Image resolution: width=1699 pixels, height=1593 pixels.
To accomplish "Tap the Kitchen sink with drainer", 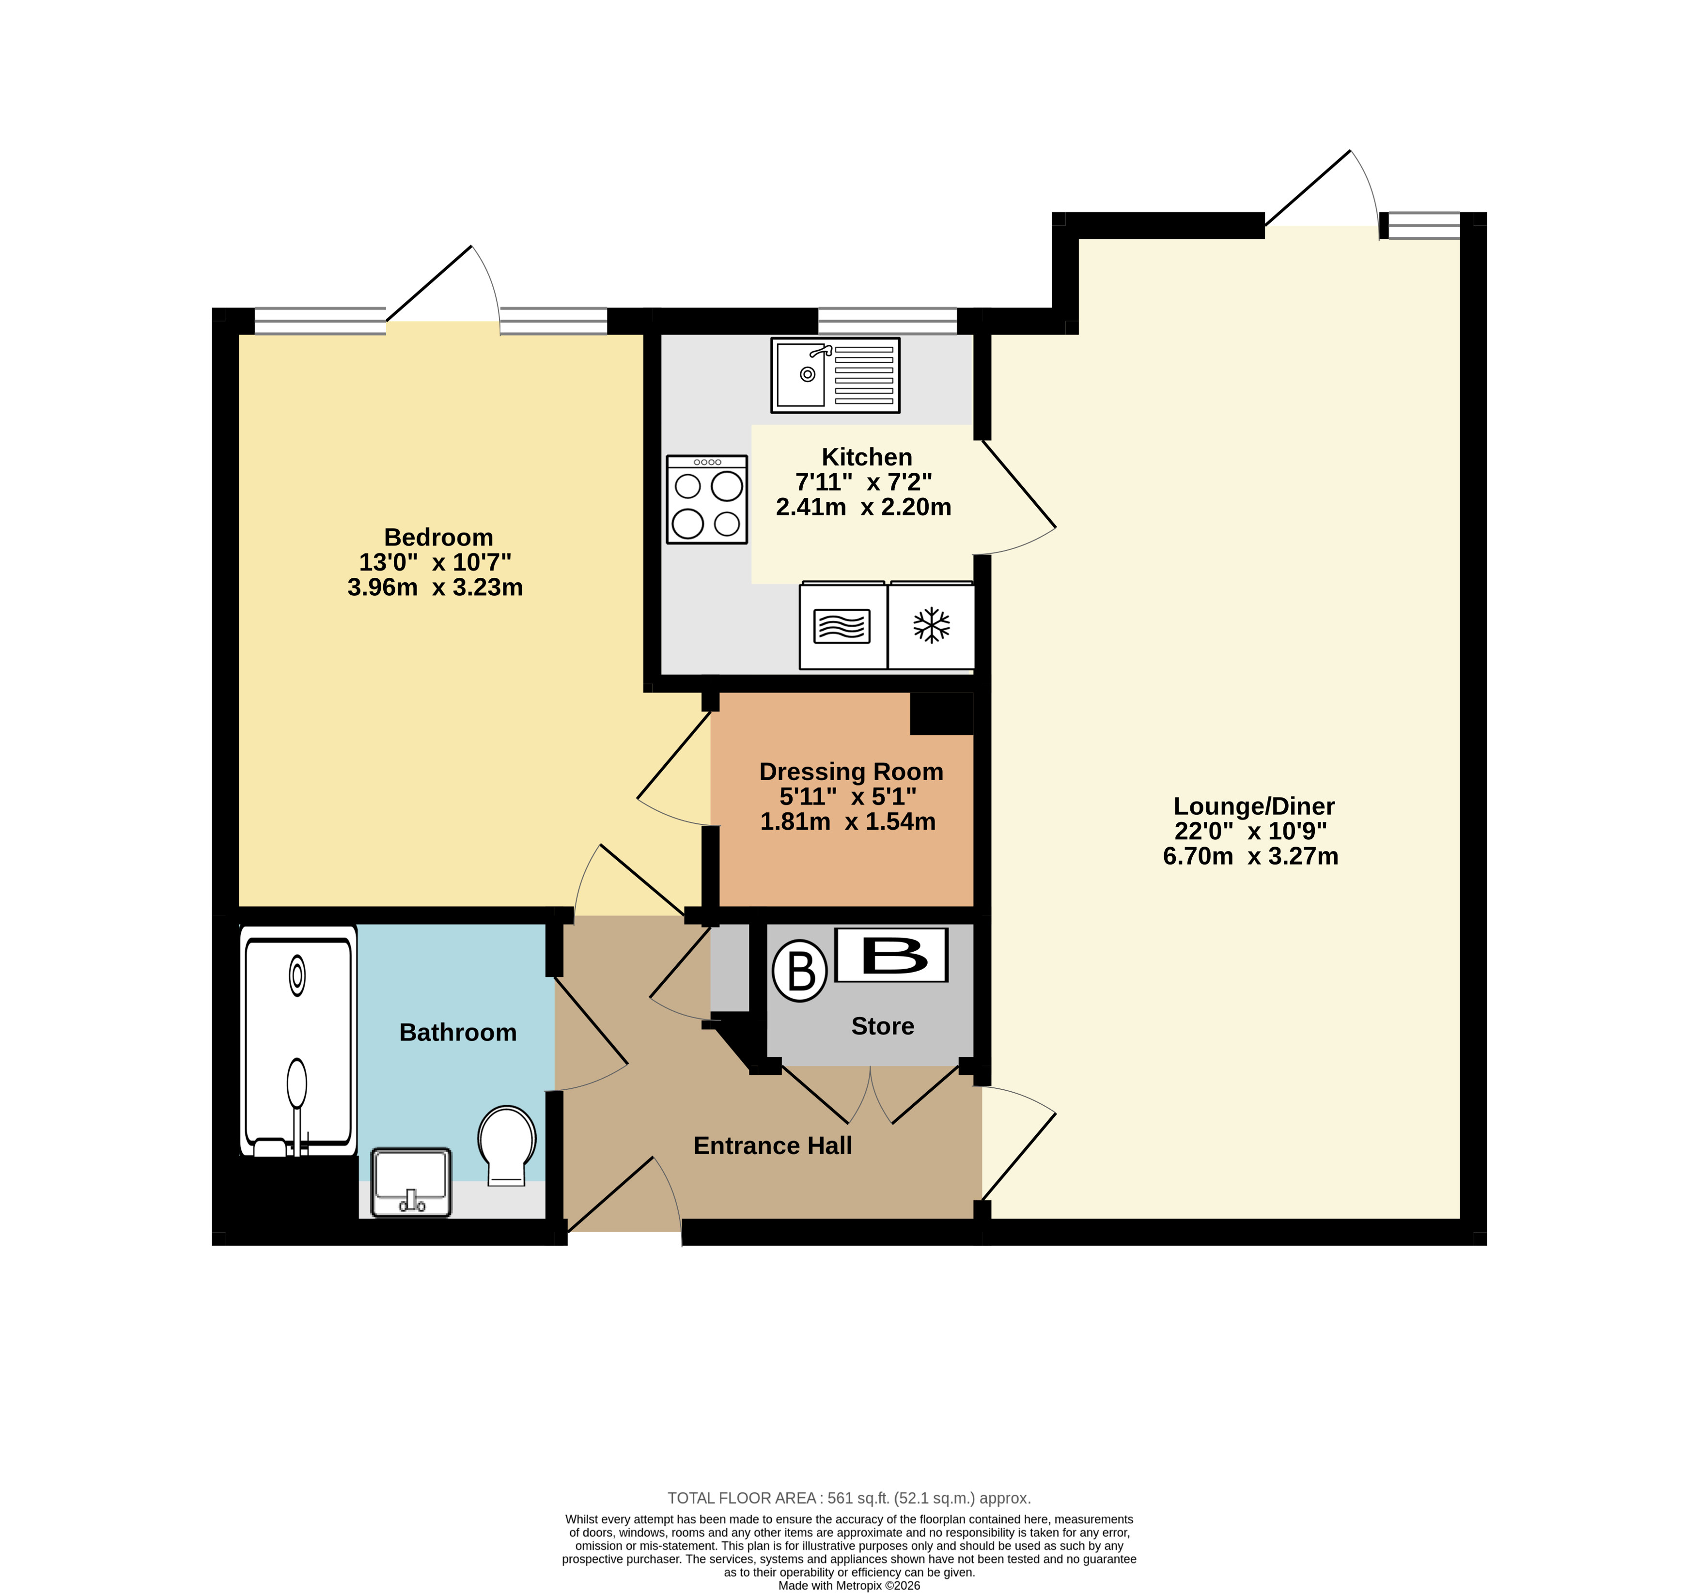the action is (x=835, y=375).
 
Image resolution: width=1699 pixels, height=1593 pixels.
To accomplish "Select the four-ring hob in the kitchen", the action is (x=707, y=499).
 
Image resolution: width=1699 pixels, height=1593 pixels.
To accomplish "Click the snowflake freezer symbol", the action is (x=932, y=626).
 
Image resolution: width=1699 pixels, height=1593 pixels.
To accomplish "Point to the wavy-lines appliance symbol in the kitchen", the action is (x=842, y=626).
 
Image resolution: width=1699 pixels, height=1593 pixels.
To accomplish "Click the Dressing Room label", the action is (x=851, y=772).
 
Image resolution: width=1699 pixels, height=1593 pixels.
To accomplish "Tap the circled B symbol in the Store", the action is (x=800, y=971).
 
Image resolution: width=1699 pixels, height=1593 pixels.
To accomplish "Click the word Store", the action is (x=883, y=1026).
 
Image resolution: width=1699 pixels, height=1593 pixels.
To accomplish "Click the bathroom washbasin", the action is (x=411, y=1182).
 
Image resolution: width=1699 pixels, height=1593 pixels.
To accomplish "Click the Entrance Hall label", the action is (x=773, y=1146).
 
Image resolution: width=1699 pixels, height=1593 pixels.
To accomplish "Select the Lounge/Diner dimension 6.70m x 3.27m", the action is (x=1250, y=856).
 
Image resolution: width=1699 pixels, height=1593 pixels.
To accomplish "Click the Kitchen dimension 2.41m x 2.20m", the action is (x=863, y=508).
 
